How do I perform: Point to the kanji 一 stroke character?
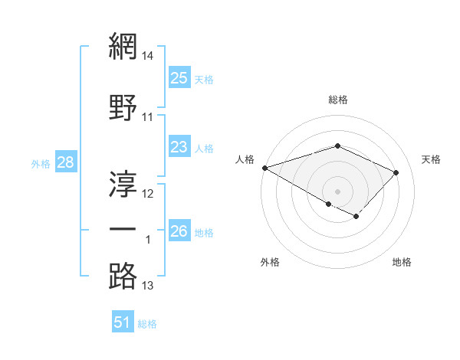(x=123, y=229)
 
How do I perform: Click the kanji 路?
(x=123, y=275)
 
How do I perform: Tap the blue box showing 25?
(x=179, y=78)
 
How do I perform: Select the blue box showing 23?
(x=179, y=147)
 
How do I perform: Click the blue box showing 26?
(x=179, y=231)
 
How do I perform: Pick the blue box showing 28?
(x=64, y=162)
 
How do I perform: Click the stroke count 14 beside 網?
(x=148, y=56)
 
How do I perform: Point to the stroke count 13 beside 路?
(x=148, y=286)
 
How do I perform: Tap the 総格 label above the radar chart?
(x=337, y=100)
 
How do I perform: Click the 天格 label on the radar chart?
(x=431, y=159)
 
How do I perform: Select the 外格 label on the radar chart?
(x=270, y=262)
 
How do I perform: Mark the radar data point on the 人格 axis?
(x=264, y=168)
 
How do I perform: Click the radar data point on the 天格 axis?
(x=396, y=172)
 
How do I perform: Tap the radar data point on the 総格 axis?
(x=337, y=146)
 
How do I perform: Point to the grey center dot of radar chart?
(x=337, y=191)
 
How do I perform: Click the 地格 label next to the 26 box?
(x=204, y=232)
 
